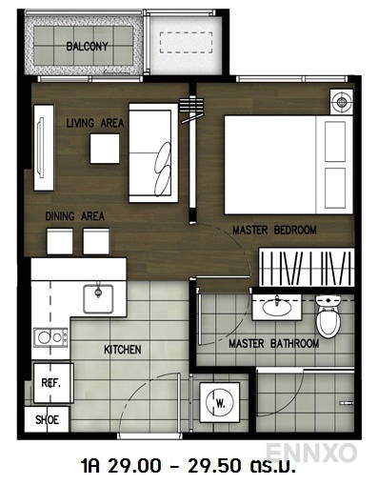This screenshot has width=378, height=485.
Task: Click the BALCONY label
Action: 87,46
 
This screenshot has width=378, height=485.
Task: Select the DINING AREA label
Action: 74,217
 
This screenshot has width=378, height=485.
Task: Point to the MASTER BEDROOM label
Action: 274,231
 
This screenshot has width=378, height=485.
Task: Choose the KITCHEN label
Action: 122,350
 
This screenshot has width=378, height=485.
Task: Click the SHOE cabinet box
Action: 47,418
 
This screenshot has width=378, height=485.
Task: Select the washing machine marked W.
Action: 220,402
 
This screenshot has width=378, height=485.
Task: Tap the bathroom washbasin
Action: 277,307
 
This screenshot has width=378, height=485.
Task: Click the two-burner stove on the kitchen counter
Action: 50,336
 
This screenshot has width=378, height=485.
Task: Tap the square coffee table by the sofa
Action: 105,148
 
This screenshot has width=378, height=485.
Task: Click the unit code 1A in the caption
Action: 93,468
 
